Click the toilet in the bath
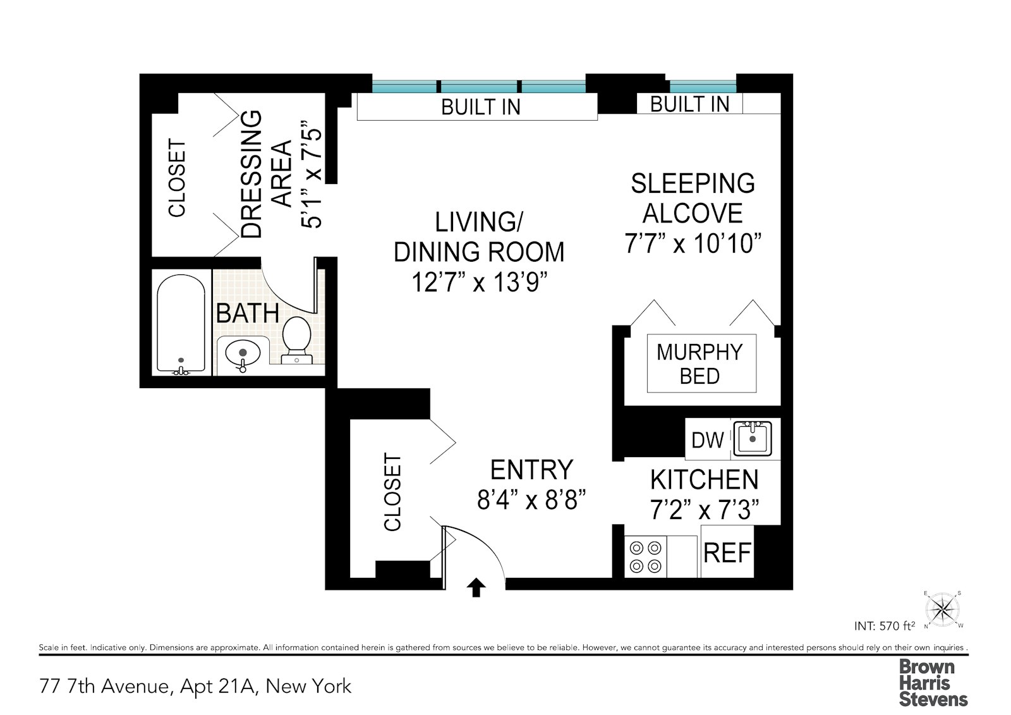[296, 338]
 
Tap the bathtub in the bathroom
[181, 322]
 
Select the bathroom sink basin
[243, 353]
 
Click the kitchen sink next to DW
[753, 437]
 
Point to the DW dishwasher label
[708, 440]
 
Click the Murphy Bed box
[701, 364]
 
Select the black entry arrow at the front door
[476, 587]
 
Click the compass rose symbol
[943, 609]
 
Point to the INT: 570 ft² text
[884, 626]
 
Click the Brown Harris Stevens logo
[933, 683]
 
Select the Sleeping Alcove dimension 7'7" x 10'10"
[693, 243]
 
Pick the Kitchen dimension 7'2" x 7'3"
[705, 509]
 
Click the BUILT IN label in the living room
[481, 107]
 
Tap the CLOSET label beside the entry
[392, 492]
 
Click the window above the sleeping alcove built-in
[703, 86]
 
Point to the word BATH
[248, 314]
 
